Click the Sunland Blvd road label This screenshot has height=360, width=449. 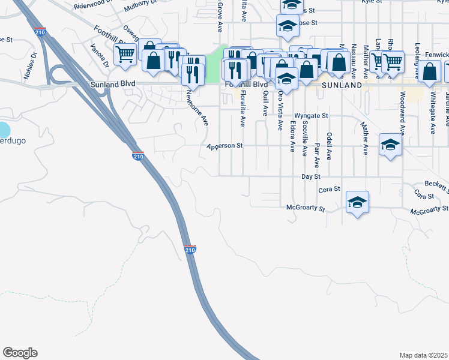[x=112, y=85]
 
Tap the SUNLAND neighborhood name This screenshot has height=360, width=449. [x=342, y=85]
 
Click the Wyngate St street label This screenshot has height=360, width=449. [x=311, y=115]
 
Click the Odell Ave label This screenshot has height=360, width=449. [x=329, y=146]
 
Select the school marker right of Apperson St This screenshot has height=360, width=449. [x=390, y=145]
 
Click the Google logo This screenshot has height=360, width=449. [x=20, y=353]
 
